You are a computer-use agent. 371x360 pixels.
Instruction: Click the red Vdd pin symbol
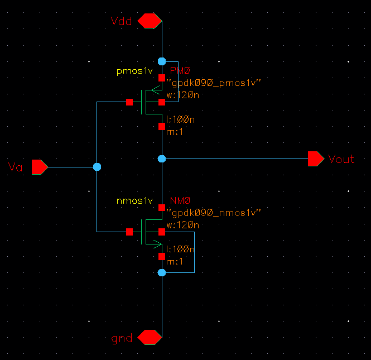click(x=150, y=21)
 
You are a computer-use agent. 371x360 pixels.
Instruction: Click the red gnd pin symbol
click(x=150, y=338)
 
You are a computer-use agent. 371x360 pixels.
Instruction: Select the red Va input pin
click(x=40, y=166)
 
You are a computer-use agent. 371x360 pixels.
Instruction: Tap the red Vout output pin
click(x=316, y=159)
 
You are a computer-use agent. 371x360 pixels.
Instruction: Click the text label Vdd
click(x=122, y=21)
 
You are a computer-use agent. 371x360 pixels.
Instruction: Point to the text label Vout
click(x=341, y=159)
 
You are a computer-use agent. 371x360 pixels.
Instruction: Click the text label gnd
click(x=122, y=338)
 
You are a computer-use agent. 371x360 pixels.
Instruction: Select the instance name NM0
click(x=180, y=201)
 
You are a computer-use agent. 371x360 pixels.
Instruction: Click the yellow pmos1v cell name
click(x=134, y=71)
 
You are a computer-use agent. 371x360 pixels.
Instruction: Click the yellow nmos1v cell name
click(x=134, y=200)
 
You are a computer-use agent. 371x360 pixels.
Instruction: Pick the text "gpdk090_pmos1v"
click(x=214, y=83)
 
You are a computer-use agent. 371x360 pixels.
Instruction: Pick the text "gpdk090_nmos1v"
click(x=214, y=213)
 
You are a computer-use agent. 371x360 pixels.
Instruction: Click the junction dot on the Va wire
click(x=97, y=166)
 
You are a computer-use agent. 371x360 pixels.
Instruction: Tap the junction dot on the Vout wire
click(x=162, y=159)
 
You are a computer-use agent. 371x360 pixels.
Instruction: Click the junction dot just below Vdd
click(x=162, y=61)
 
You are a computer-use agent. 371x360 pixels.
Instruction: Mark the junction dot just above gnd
click(x=162, y=272)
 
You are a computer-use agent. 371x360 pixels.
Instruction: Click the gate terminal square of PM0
click(x=129, y=102)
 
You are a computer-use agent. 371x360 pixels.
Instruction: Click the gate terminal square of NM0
click(x=129, y=231)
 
